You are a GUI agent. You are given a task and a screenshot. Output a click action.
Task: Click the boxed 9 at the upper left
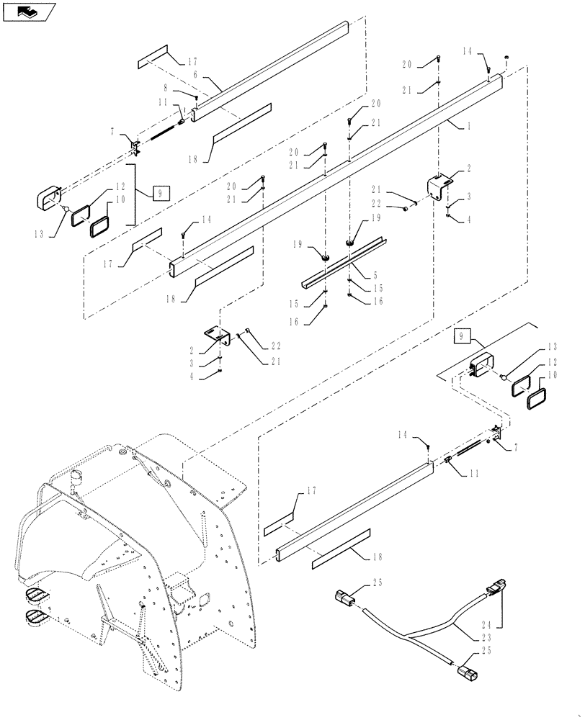tap(161, 193)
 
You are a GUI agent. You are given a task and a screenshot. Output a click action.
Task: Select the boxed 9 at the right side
tap(461, 335)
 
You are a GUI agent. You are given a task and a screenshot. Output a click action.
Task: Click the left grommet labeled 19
tap(325, 255)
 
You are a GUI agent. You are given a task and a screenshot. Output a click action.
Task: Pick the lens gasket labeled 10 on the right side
tap(537, 399)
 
